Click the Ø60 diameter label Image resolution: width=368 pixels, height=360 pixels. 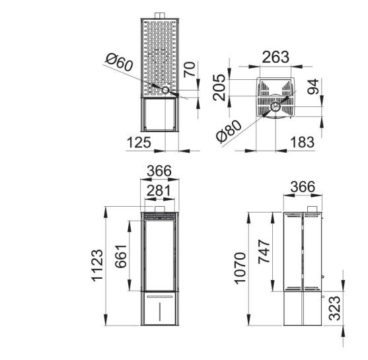point(119,62)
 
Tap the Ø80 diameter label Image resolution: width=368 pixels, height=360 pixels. point(229,131)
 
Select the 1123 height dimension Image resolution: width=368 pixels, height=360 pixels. point(97,265)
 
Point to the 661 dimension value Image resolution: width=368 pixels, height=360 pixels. point(121,256)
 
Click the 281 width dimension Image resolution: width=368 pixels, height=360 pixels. point(159,190)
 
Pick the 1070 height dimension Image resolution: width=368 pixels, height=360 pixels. point(240,268)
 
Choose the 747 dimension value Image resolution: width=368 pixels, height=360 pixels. point(264,252)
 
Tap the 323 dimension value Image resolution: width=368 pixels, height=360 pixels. point(334,308)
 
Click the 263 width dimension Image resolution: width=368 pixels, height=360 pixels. point(276,57)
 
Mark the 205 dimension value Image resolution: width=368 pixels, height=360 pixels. point(219,87)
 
